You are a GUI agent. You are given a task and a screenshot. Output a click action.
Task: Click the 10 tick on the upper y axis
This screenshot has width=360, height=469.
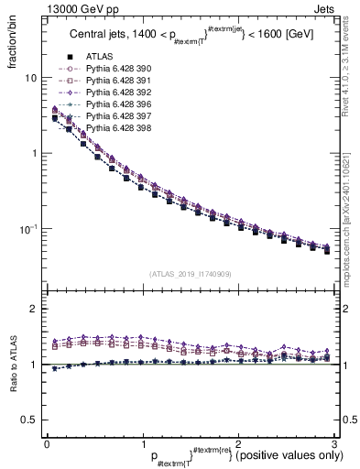coord(30,79)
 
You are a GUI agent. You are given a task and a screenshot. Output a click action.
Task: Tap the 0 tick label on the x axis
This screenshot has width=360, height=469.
coord(47,442)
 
